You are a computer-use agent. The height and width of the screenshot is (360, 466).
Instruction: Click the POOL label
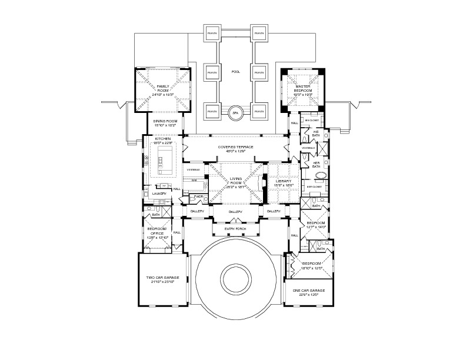tap(235, 72)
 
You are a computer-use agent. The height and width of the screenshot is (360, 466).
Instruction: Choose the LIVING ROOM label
tap(236, 182)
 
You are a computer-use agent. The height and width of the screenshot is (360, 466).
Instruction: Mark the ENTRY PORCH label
tap(235, 229)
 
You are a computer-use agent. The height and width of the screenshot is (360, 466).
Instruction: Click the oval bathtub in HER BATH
tap(322, 175)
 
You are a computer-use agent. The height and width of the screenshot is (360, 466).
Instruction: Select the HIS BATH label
tap(316, 134)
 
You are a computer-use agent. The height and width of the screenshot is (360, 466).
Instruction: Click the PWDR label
tap(198, 197)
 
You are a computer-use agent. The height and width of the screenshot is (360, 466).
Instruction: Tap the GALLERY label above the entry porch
tap(235, 211)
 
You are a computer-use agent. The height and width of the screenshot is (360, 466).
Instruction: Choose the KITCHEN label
tap(163, 140)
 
